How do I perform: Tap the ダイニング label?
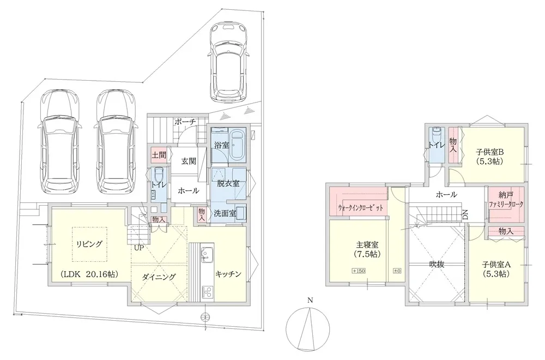pyautogui.click(x=159, y=277)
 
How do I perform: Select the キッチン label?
pyautogui.click(x=228, y=274)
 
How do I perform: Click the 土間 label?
pyautogui.click(x=159, y=155)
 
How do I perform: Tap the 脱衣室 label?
pyautogui.click(x=228, y=184)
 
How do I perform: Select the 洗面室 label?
pyautogui.click(x=225, y=213)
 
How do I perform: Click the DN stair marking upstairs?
pyautogui.click(x=465, y=214)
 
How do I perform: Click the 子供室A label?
pyautogui.click(x=495, y=265)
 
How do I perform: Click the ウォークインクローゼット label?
pyautogui.click(x=361, y=208)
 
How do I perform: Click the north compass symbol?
pyautogui.click(x=308, y=326)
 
